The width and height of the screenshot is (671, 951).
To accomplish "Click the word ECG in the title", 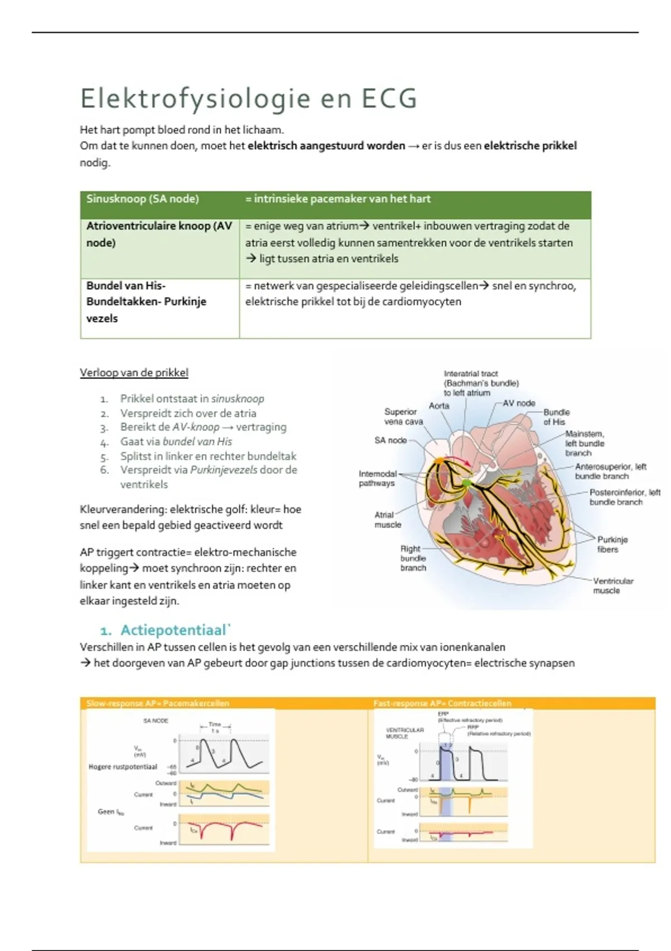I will click(389, 99).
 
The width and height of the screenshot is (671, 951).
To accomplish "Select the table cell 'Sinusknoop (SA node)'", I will click(143, 199).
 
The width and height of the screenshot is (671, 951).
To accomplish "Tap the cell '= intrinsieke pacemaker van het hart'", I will click(338, 199).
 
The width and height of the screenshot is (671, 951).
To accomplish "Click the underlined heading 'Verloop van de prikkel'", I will click(134, 373).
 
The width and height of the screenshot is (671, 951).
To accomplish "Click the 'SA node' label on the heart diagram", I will click(390, 440).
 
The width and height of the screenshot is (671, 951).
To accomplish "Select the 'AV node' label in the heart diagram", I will click(519, 403).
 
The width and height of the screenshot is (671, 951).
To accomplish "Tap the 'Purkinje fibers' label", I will click(612, 544).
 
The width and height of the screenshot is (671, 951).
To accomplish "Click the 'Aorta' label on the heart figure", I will click(439, 406).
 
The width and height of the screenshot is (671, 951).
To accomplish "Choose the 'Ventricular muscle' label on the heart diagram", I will click(613, 586).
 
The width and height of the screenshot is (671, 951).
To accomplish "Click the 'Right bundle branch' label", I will click(413, 558).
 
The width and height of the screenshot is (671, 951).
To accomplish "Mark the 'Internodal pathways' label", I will click(377, 478).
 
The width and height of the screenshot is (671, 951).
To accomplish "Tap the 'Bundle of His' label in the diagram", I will click(556, 417).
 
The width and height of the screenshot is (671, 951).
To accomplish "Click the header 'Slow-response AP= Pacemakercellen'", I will click(158, 703).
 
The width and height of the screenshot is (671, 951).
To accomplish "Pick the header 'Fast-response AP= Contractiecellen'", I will click(442, 703).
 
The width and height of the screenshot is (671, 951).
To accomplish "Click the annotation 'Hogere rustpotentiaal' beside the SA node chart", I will click(123, 767).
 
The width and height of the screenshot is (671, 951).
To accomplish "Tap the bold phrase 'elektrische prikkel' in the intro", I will click(530, 146).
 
